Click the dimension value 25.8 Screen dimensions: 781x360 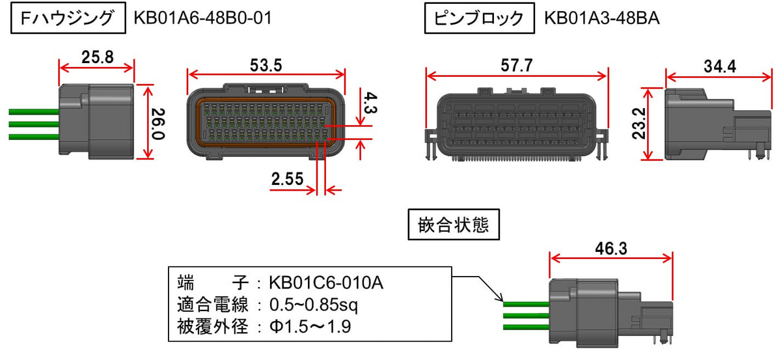point(98,57)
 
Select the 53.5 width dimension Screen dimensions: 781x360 point(266,65)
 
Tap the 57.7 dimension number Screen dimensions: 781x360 point(517,65)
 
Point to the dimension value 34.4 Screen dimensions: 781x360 point(720,66)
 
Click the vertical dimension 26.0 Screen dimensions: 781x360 point(158,124)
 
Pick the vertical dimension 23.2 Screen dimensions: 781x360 point(639,124)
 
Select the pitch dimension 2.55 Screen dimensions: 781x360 point(287,179)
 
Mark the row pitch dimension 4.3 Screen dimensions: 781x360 point(370,103)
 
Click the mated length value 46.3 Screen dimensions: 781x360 point(611,249)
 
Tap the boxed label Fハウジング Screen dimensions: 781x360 point(68,18)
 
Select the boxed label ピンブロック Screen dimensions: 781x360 point(480,18)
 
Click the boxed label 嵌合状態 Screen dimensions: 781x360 point(454,225)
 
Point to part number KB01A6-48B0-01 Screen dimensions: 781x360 point(202,18)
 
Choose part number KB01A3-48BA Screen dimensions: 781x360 point(602,18)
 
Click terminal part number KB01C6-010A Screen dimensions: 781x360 point(326,283)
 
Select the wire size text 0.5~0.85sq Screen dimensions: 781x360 point(314,305)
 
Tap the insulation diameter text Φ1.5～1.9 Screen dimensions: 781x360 point(310,327)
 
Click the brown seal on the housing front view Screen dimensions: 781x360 point(199,122)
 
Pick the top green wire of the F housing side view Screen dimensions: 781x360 point(34,111)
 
